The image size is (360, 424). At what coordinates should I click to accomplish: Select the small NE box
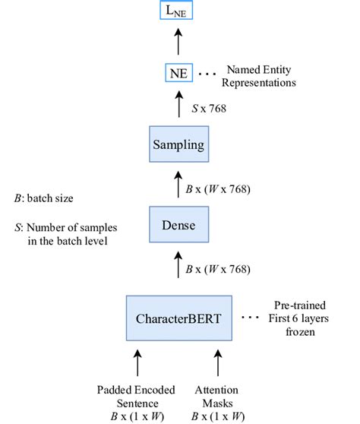[x=178, y=74]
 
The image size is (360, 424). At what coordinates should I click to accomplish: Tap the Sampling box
[x=178, y=143]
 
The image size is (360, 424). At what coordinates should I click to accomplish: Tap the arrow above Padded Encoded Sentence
[x=138, y=361]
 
